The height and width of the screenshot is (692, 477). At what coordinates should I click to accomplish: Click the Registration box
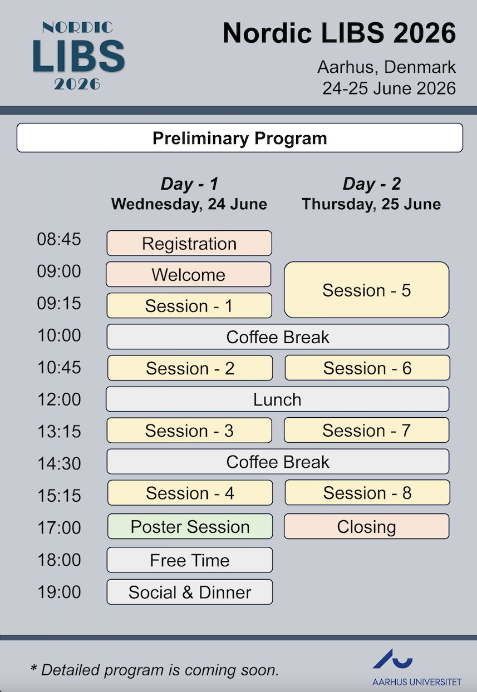(189, 243)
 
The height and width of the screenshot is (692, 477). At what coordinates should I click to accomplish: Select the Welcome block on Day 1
(189, 274)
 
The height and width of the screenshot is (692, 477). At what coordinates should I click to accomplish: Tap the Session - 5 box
(367, 290)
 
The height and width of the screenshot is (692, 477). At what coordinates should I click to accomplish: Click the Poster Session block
(190, 526)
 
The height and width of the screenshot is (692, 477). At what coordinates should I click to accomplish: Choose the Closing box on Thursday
(367, 526)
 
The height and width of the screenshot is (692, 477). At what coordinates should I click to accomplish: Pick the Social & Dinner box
(190, 592)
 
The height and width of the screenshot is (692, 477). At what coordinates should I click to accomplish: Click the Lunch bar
(278, 399)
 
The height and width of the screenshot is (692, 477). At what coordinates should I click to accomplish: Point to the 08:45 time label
(59, 239)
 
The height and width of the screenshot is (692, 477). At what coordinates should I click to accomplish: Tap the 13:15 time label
(59, 431)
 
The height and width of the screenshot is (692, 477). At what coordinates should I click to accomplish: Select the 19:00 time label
(59, 592)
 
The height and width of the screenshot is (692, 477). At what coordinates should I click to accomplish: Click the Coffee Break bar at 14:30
(278, 462)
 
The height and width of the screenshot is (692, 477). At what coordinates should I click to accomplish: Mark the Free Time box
(190, 560)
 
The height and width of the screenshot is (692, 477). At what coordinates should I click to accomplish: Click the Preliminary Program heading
(240, 138)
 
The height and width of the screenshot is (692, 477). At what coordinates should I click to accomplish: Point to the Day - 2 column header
(372, 184)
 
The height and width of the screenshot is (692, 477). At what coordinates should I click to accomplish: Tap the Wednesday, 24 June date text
(189, 204)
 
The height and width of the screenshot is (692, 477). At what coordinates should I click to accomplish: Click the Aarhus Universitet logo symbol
(392, 658)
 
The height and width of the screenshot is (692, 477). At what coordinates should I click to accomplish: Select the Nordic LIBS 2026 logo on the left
(78, 56)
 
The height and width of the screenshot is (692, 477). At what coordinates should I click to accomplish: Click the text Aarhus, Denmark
(386, 67)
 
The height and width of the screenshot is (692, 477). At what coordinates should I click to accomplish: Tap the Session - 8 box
(367, 492)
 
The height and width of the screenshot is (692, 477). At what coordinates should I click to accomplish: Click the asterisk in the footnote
(33, 668)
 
